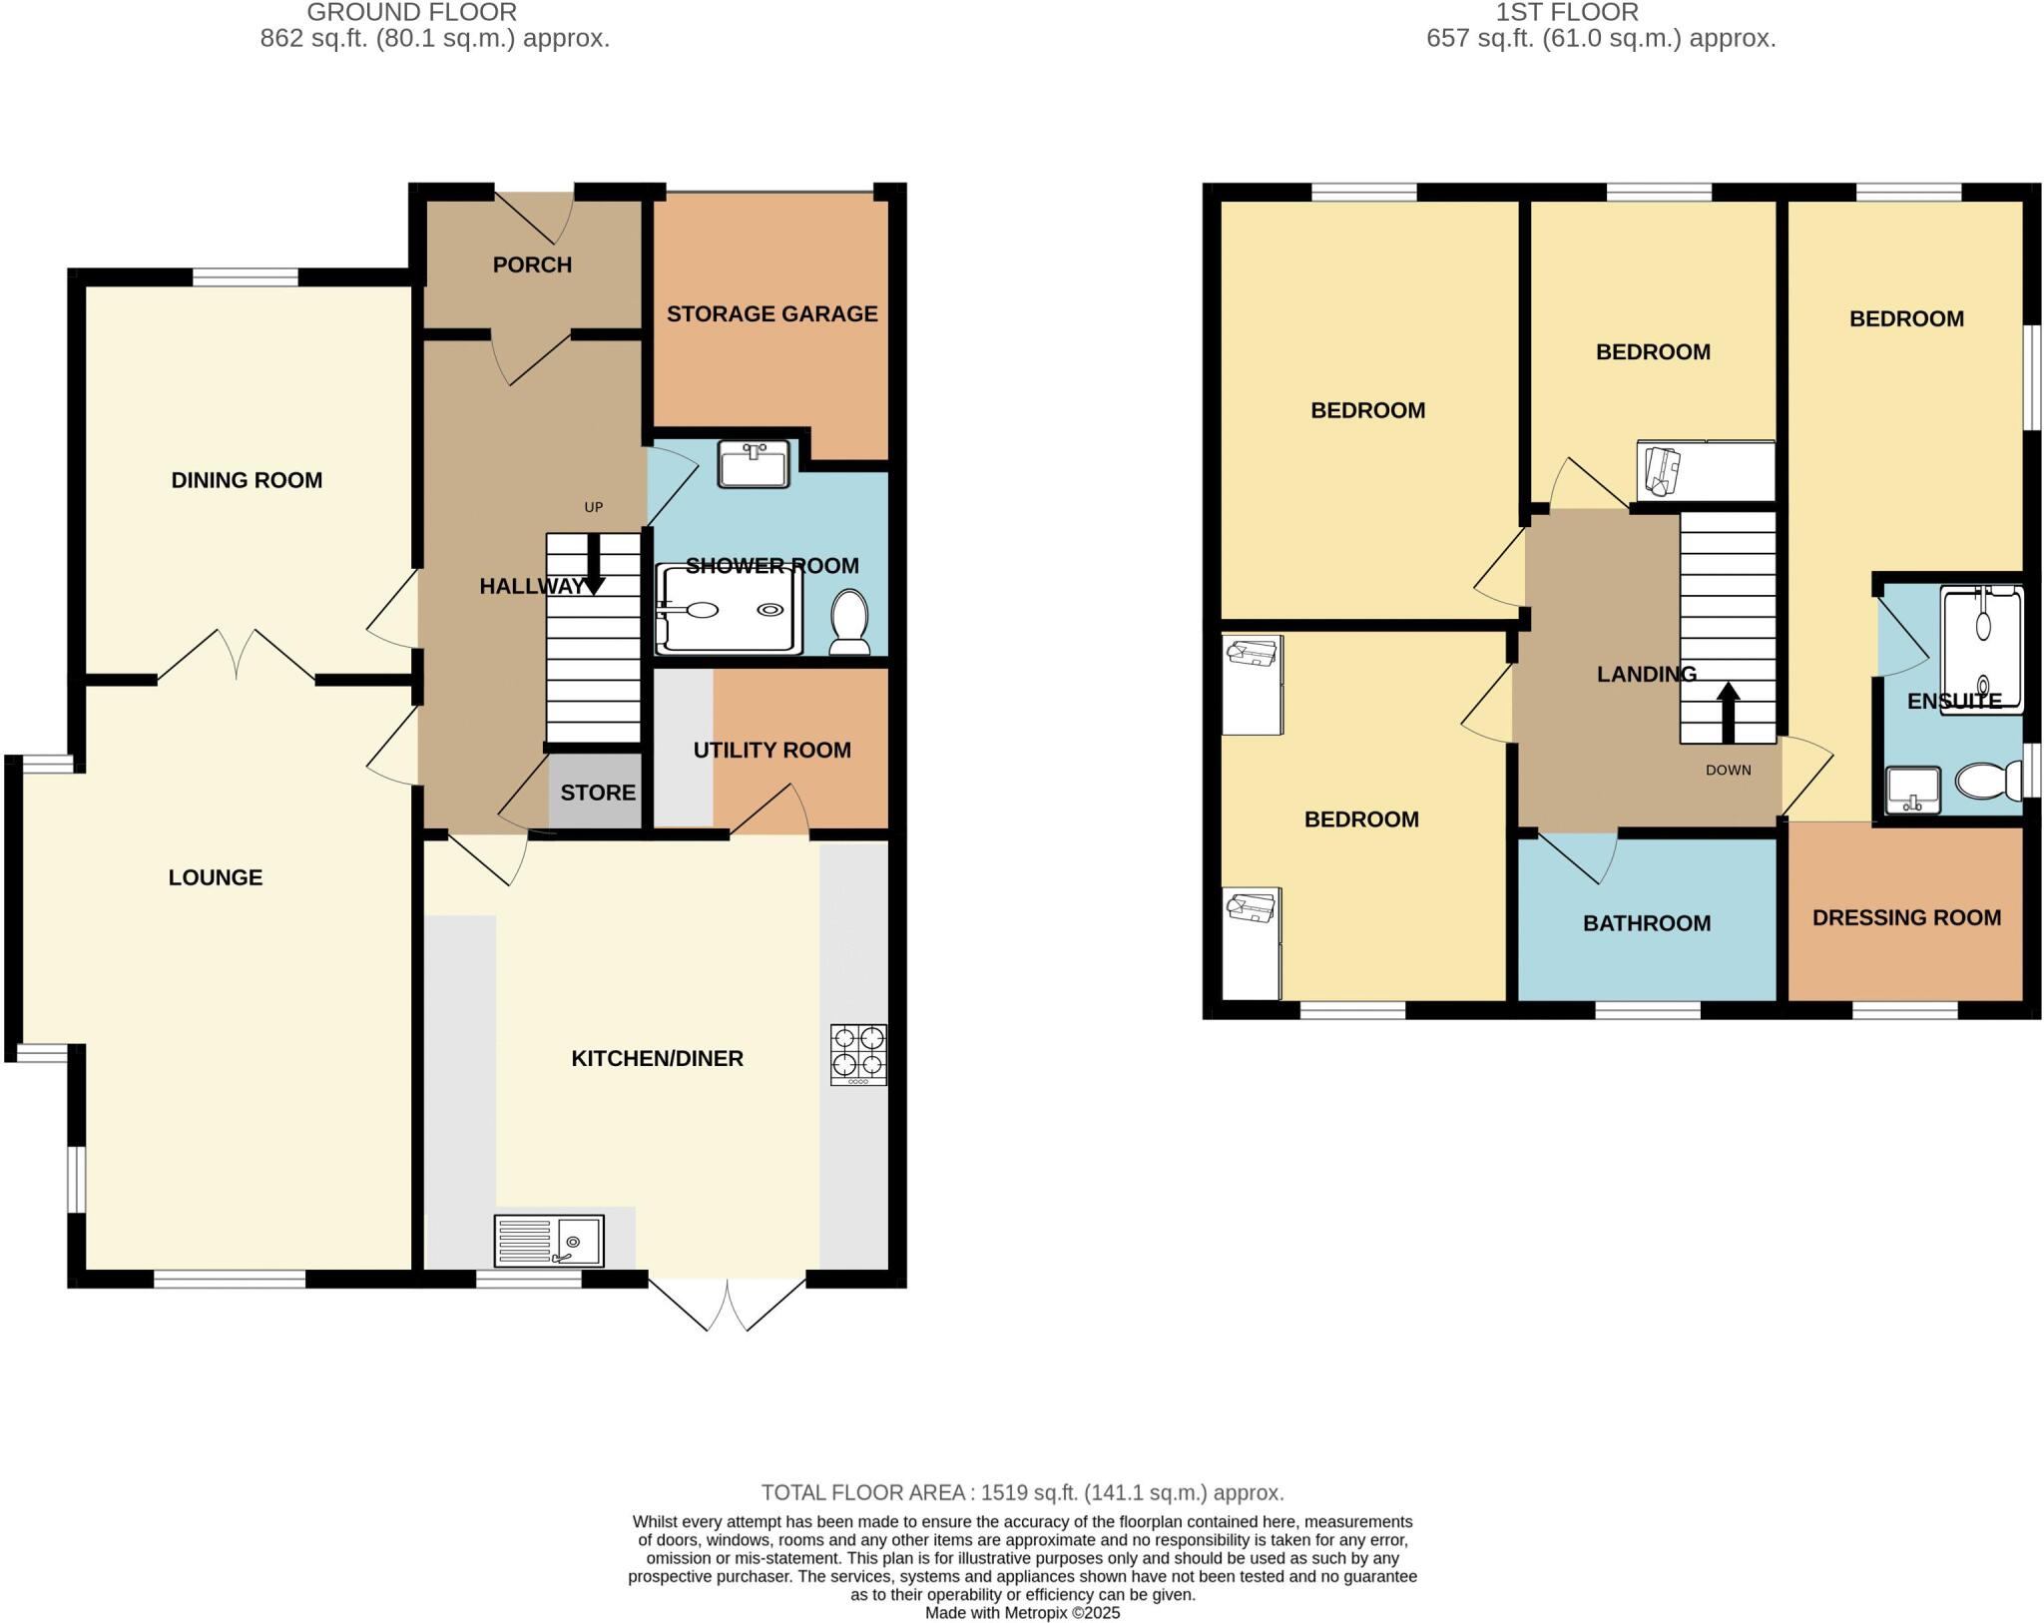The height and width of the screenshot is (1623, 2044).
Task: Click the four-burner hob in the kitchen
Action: coord(858,1055)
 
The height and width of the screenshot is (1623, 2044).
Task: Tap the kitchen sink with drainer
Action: coord(549,1241)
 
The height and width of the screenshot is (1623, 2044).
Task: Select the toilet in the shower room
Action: coord(849,621)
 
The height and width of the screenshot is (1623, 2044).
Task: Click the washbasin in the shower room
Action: coord(754,464)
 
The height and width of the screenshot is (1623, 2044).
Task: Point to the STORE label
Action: coord(598,793)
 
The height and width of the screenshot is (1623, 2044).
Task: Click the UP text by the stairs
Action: coord(594,507)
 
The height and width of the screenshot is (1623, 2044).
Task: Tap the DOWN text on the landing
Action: coord(1729,770)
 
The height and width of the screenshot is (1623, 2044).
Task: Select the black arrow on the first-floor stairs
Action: coord(1729,712)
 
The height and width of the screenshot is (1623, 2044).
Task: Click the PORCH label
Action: coord(532,265)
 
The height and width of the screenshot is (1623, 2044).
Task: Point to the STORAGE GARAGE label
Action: coord(771,313)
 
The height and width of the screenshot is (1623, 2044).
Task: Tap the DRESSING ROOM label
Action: coord(1906,917)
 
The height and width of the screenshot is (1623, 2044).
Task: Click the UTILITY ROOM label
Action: coord(771,750)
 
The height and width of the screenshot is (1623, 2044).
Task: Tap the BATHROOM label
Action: coord(1647,923)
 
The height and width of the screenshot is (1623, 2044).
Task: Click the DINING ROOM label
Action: coord(247,480)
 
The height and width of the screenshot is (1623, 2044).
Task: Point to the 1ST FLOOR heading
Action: coord(1567,13)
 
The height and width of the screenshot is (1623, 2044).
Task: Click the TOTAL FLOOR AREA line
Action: coord(1022,1492)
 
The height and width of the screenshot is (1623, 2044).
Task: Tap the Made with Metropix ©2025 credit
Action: coord(1022,1613)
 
